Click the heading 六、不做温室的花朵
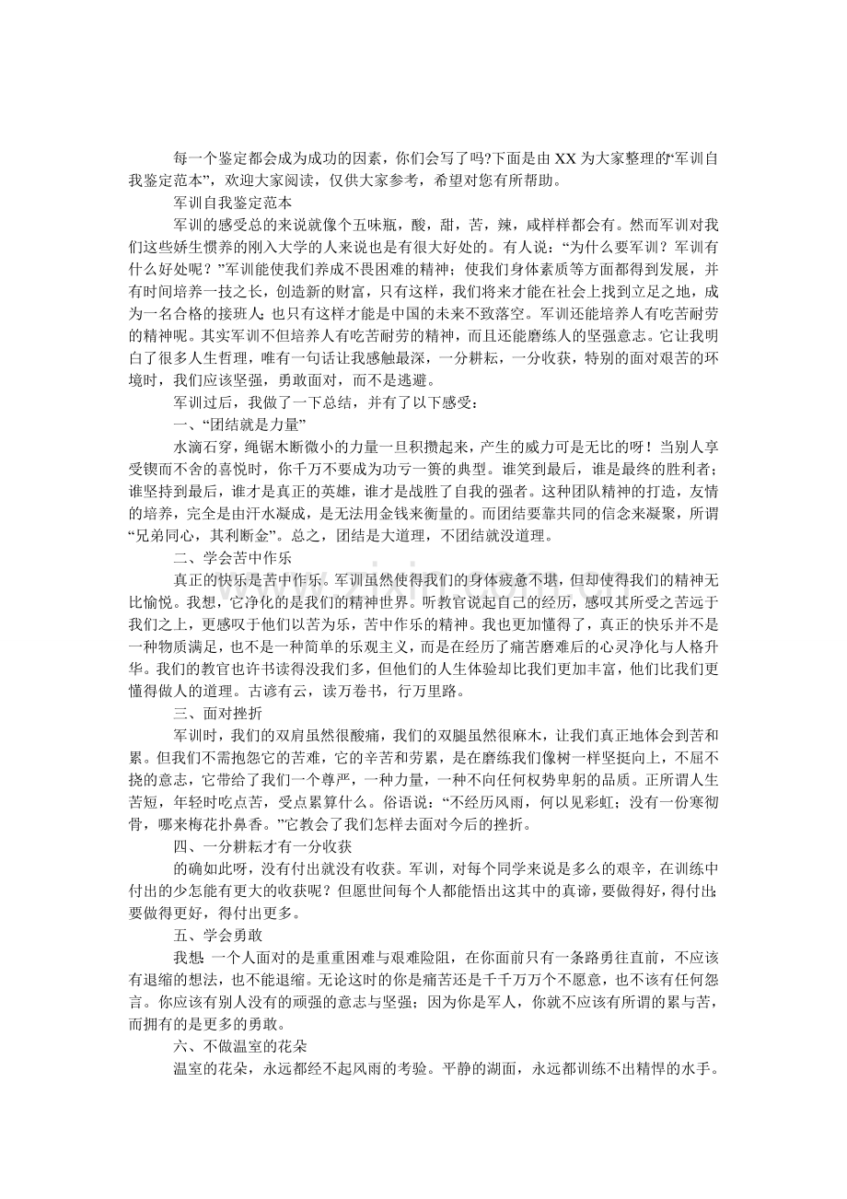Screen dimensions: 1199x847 pos(238,1045)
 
